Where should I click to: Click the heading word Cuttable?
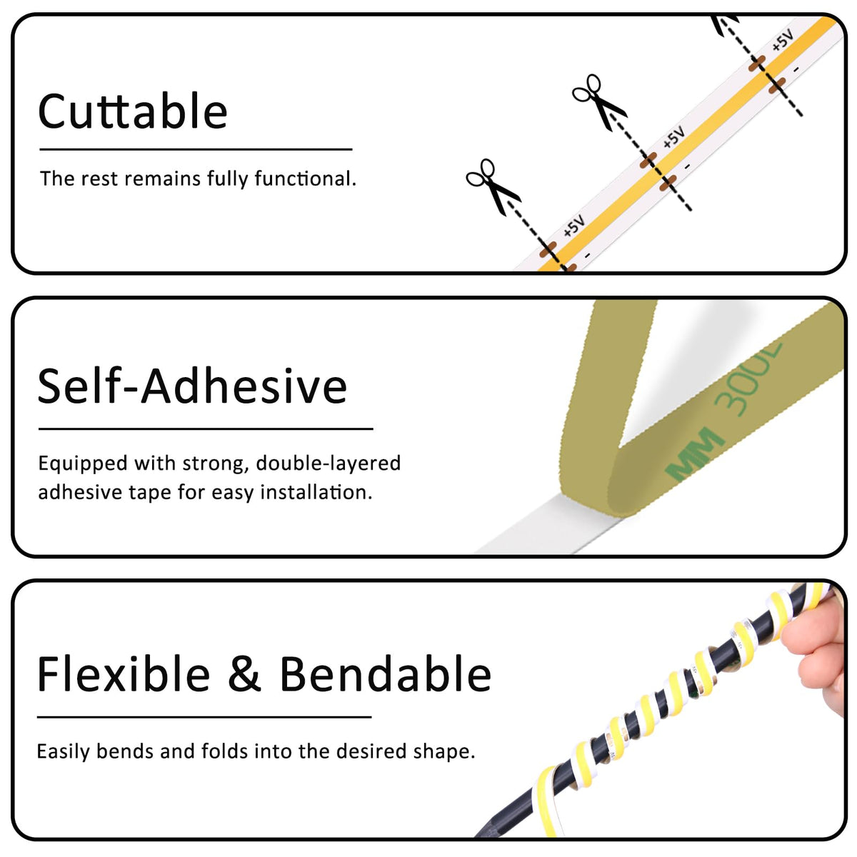[x=133, y=111]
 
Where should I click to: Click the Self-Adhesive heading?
[x=192, y=386]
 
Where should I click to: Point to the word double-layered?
[x=329, y=463]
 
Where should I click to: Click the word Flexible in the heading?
[x=124, y=673]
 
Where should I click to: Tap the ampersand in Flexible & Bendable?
[x=244, y=674]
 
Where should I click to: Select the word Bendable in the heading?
[x=386, y=673]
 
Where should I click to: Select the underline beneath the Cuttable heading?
[x=196, y=149]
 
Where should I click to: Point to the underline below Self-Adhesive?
[x=206, y=429]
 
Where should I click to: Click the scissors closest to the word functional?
[x=493, y=186]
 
